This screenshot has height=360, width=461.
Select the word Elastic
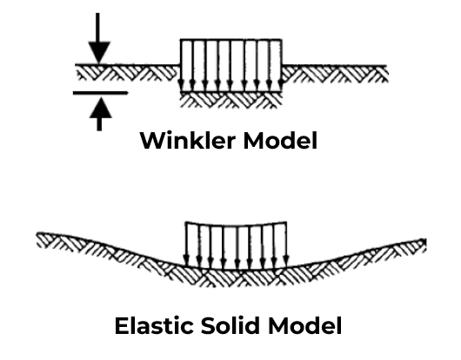coord(152,326)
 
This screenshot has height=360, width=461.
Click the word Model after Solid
coord(307,326)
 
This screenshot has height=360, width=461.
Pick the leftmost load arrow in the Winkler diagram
coord(181,65)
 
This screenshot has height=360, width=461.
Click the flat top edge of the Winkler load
coord(230,39)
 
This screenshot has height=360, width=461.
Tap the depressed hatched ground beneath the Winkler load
coord(230,98)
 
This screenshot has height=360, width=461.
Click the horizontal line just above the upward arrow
coord(99,91)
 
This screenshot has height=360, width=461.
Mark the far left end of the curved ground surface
coord(37,234)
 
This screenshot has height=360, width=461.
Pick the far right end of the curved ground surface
coord(424,239)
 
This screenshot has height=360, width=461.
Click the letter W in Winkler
coord(153,140)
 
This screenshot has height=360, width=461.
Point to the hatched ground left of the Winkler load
coord(130,72)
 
